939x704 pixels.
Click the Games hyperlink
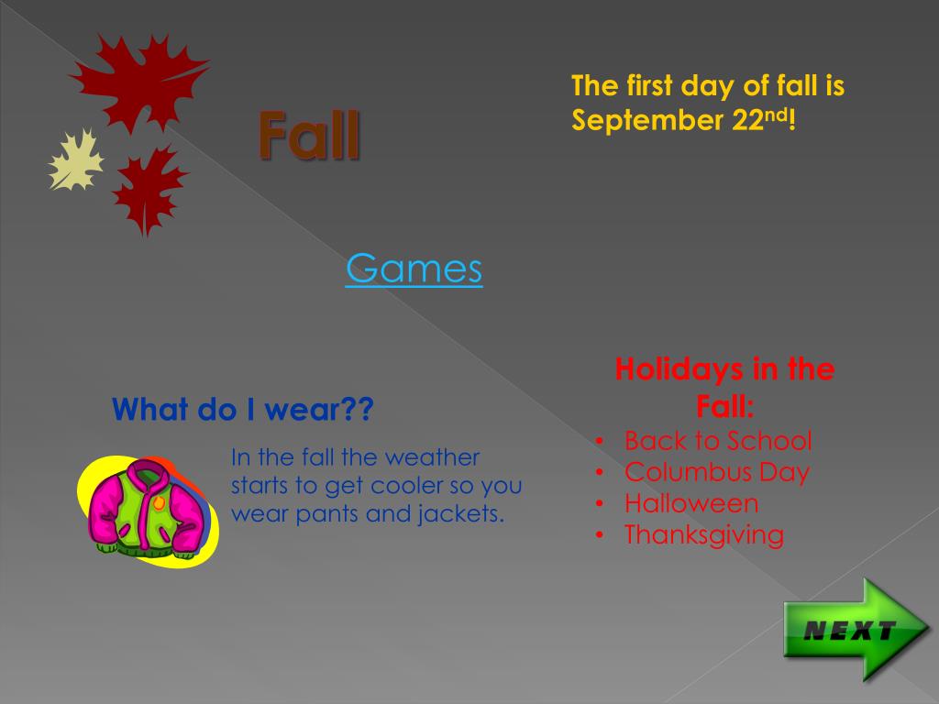[x=414, y=269]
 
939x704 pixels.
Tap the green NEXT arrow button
[x=853, y=630]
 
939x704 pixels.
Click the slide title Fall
[x=308, y=135]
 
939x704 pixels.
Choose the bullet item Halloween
[x=691, y=503]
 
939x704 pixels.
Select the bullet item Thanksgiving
[x=704, y=534]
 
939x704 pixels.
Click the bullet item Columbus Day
[x=716, y=472]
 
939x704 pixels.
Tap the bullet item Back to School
[x=718, y=441]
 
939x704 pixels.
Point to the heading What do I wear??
[x=243, y=410]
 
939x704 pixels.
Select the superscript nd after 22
[x=778, y=114]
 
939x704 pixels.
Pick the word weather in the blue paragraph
[x=430, y=456]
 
